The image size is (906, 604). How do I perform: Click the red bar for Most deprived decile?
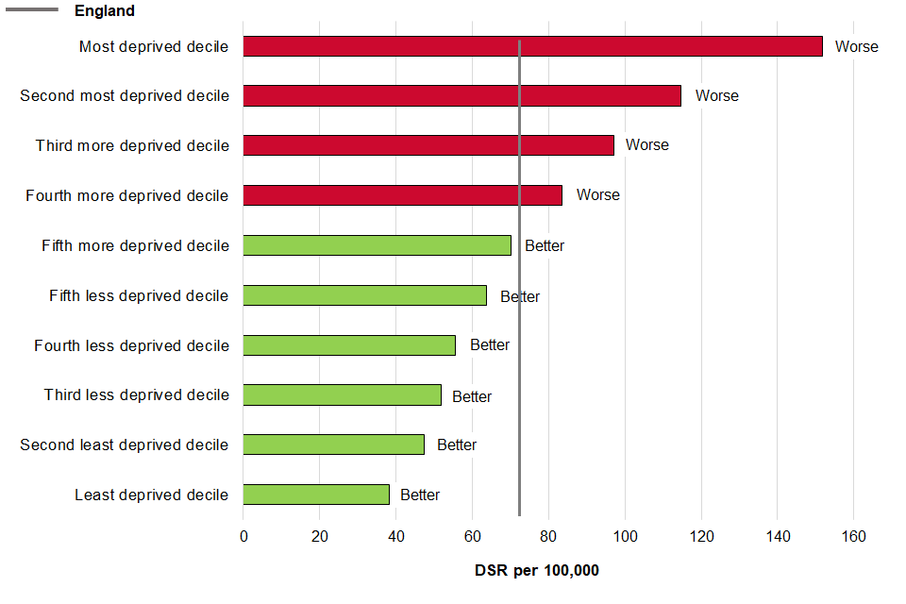pos(532,46)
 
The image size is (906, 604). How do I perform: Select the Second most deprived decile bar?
pos(461,95)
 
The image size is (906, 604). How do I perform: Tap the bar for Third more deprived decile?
pos(428,145)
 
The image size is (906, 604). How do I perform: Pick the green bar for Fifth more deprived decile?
pos(377,245)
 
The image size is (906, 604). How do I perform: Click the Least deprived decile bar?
pos(316,495)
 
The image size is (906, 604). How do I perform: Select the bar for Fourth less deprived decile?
pos(349,345)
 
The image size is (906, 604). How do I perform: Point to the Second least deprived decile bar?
pos(333,445)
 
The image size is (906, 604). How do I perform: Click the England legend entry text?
pos(105,11)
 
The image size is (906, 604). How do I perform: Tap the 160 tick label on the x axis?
pos(853,537)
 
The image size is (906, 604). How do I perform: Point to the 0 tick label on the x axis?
pos(243,537)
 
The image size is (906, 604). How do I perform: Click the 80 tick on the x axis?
pos(548,537)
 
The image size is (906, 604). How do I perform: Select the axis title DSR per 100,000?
pos(536,571)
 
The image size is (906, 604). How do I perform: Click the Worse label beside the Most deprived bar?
pos(856,46)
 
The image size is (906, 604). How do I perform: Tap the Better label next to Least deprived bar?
pos(420,495)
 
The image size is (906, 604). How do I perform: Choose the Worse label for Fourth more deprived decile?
pos(598,194)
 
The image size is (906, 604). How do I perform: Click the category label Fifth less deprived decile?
pos(139,296)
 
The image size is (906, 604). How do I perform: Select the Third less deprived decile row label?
pos(136,394)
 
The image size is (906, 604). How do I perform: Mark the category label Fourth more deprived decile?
pos(126,195)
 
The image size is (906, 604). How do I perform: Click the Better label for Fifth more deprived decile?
pos(545,245)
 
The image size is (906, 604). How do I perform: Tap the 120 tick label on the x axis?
pos(701,537)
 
